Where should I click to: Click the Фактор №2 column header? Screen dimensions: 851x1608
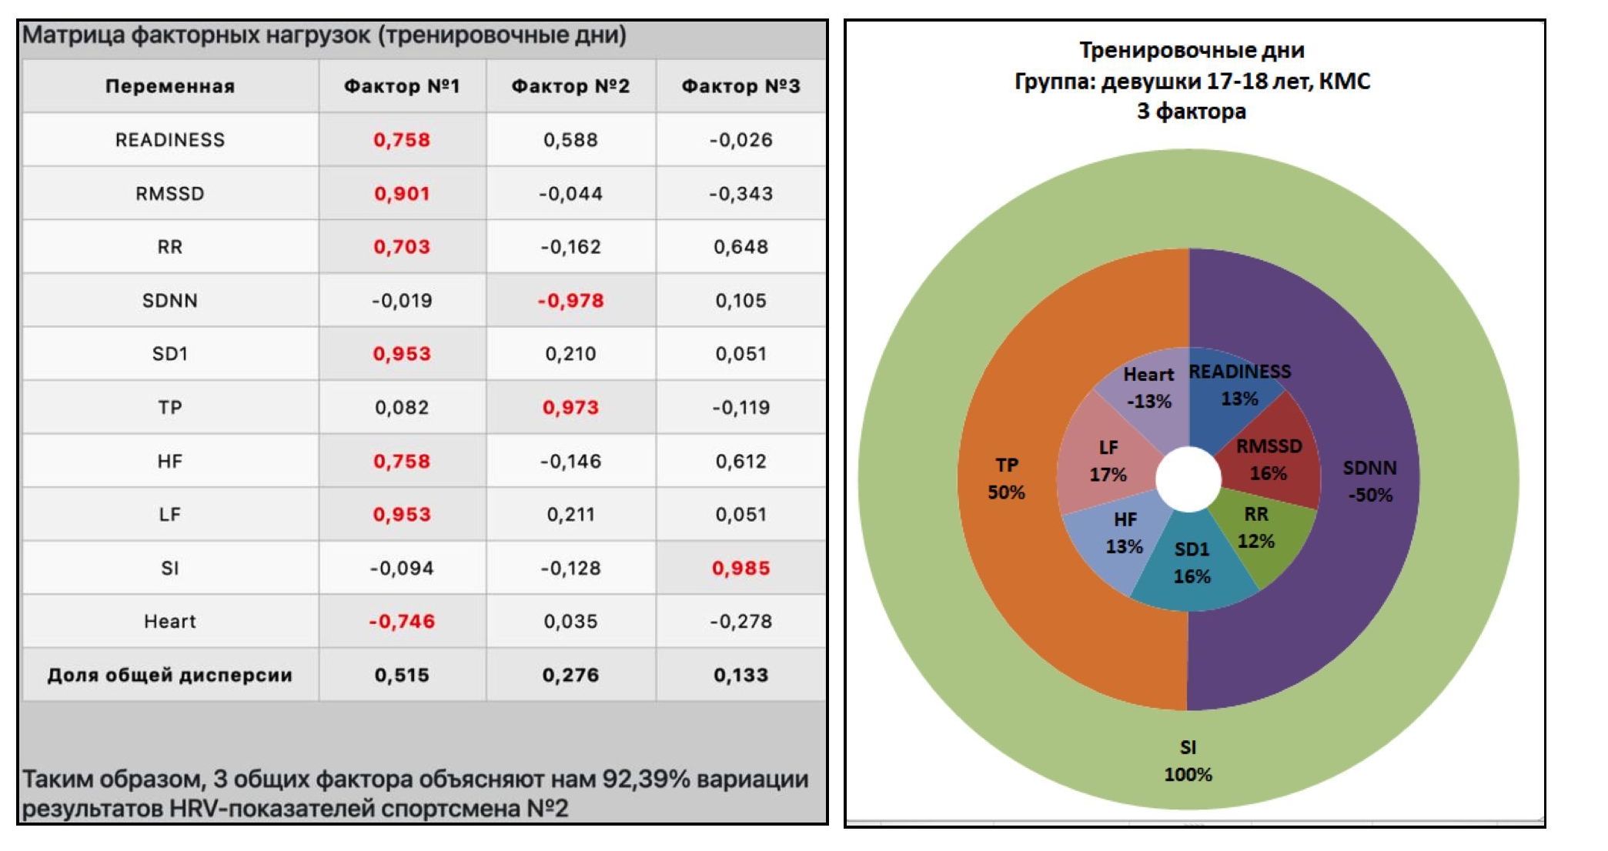(570, 86)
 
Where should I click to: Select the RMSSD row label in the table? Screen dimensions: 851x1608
(170, 193)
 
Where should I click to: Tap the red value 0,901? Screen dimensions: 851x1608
(402, 193)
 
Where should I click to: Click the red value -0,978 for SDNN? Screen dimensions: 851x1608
(570, 300)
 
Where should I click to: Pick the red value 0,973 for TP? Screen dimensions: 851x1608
(570, 407)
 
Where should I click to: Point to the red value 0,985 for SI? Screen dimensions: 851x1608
(740, 568)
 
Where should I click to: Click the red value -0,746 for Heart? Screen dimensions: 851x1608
(402, 621)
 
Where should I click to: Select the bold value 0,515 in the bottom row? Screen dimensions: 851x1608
(402, 675)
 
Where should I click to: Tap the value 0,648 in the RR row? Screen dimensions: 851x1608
(740, 247)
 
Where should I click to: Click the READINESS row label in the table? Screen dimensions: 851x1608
(170, 140)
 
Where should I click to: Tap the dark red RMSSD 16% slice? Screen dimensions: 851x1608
(1269, 460)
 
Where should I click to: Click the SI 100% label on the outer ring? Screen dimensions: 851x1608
(1188, 760)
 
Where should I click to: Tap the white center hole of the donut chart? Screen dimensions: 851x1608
(1188, 479)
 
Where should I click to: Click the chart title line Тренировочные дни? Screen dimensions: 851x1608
(1191, 51)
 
